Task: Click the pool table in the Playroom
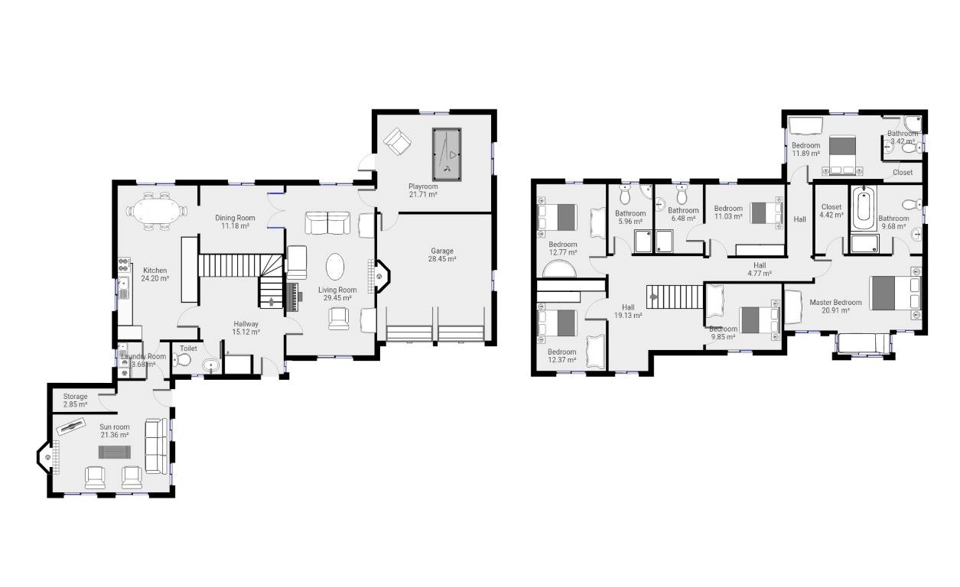point(447,154)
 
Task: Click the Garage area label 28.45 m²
point(441,260)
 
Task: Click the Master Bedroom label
point(835,303)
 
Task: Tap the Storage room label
point(75,397)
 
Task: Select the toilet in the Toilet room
point(184,360)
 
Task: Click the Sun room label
point(115,426)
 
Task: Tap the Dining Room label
point(235,218)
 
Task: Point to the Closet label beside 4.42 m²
point(831,207)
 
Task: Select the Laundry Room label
point(143,356)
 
